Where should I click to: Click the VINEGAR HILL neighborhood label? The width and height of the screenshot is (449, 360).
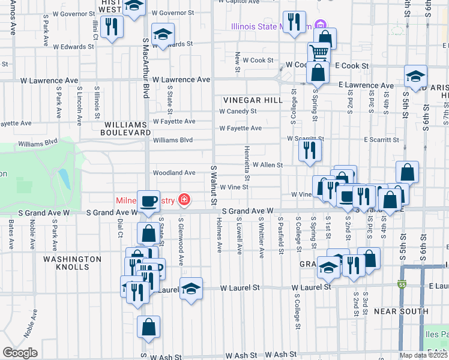coord(252,100)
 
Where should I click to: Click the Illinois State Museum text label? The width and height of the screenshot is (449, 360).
coord(271,26)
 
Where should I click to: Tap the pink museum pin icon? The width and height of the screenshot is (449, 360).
coord(321,26)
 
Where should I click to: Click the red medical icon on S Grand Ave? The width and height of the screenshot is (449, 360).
coord(184,200)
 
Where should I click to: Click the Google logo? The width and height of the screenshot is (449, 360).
coord(20,353)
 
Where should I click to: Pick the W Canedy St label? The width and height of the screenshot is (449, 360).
coord(238,111)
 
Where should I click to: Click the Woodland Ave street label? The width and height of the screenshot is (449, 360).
coord(174,173)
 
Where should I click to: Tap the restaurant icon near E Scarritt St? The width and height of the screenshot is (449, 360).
coord(310,149)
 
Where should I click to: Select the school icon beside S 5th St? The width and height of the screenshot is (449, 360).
coord(415,76)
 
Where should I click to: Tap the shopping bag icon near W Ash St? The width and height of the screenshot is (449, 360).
coord(148,328)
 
